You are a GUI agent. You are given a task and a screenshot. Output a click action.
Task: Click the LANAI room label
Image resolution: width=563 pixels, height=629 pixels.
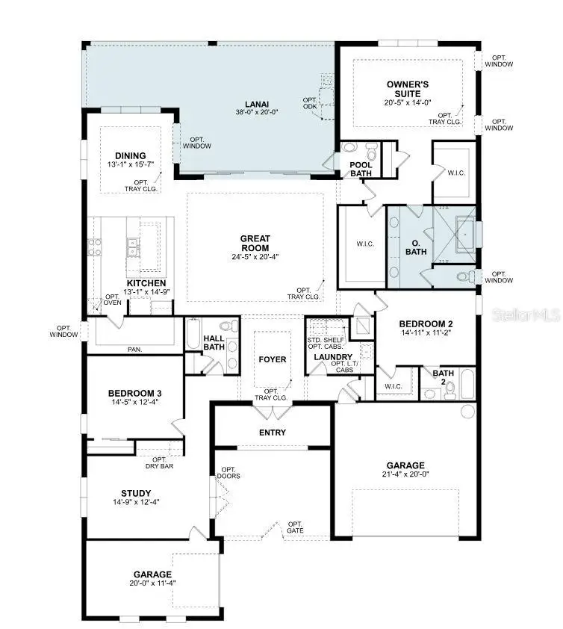pos(257,104)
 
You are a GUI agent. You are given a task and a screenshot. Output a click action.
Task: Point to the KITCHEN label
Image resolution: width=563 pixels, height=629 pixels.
pos(146,283)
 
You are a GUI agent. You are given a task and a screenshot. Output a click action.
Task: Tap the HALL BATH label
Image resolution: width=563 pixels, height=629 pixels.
pos(214,342)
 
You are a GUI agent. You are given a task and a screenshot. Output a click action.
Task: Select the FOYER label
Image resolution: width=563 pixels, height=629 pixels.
pos(273,359)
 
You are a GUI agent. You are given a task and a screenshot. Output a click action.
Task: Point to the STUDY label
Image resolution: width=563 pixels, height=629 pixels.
pos(136,493)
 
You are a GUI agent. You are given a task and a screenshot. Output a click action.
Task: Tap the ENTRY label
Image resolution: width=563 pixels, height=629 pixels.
pos(273,433)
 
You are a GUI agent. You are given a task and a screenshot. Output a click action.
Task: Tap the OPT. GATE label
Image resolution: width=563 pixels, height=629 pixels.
pos(296,527)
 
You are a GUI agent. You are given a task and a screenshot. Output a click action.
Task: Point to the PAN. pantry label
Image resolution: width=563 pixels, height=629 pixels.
pos(134,349)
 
